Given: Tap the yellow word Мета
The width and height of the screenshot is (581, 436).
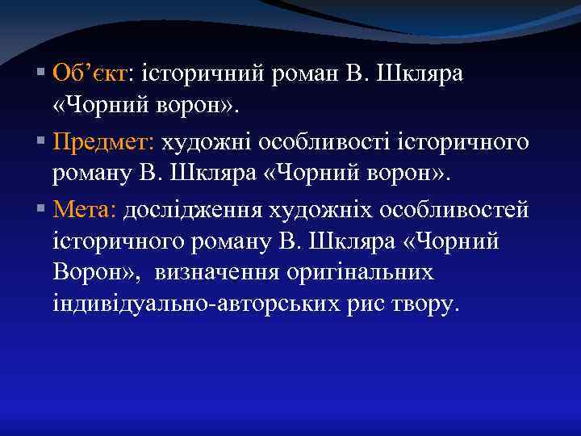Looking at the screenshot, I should (85, 210).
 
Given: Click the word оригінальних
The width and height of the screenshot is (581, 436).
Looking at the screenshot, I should (360, 273).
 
